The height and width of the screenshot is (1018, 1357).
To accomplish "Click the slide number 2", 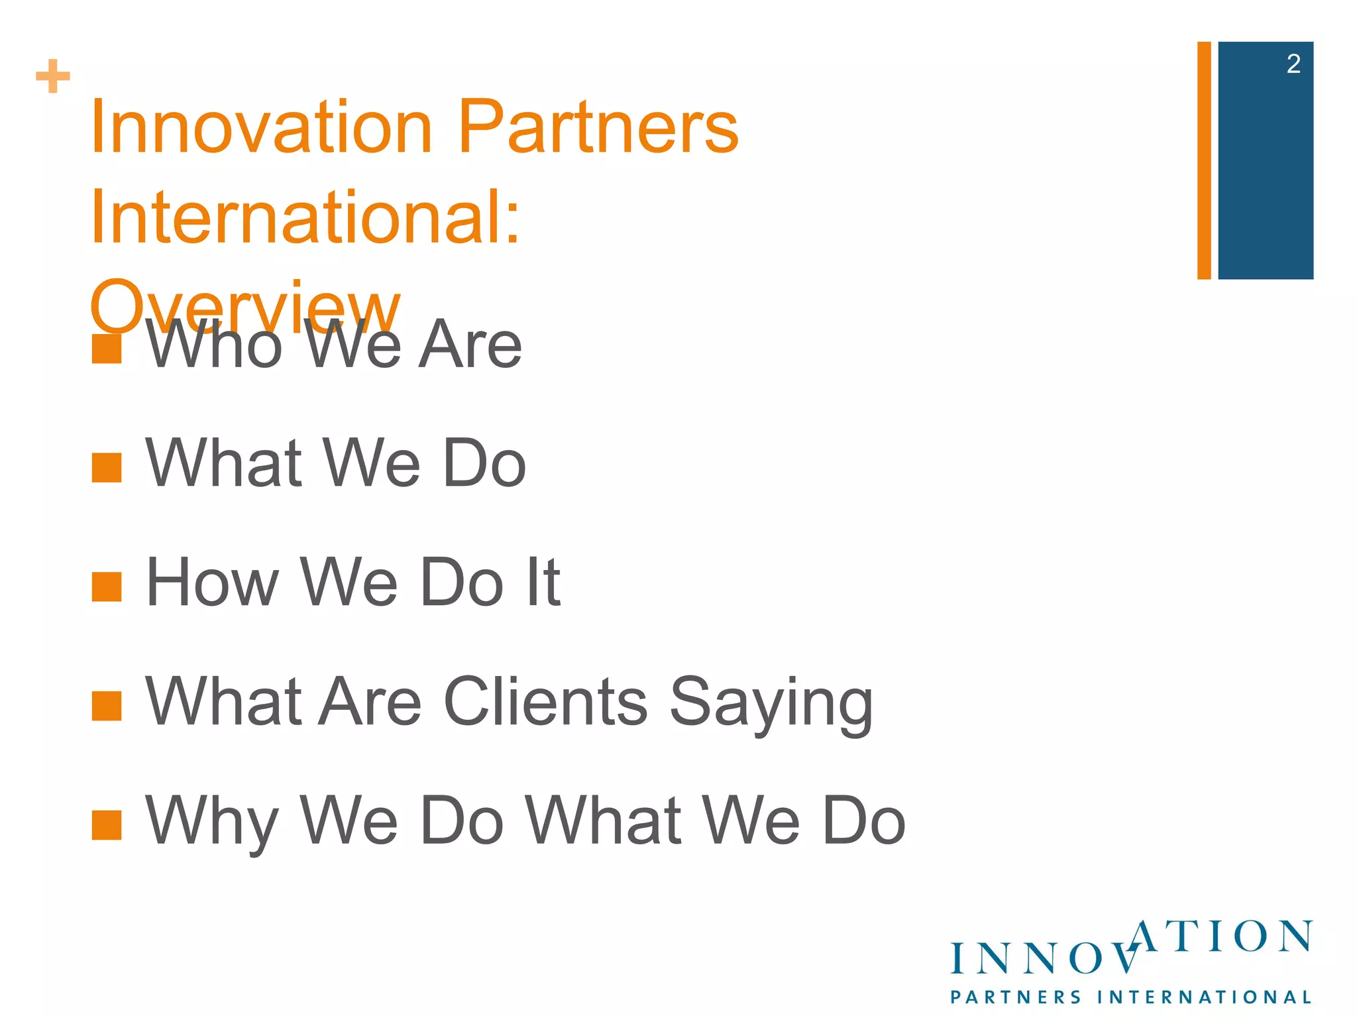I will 1293,64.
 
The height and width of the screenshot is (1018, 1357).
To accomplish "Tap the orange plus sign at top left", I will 53,76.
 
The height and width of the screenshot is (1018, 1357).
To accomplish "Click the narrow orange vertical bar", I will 1204,160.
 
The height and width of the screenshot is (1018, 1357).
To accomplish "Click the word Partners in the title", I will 598,127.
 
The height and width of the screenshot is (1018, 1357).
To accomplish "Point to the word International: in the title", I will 305,217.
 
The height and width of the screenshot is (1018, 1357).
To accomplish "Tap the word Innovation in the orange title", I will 261,127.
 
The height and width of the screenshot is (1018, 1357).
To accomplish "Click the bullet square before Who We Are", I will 107,349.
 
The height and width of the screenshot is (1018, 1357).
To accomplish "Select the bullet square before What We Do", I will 107,468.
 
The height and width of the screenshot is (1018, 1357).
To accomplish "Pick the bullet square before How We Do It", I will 107,587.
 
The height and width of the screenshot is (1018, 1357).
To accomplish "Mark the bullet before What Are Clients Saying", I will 107,706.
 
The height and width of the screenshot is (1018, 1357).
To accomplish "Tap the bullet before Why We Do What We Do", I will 107,825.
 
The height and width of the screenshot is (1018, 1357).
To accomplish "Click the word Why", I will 211,822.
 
